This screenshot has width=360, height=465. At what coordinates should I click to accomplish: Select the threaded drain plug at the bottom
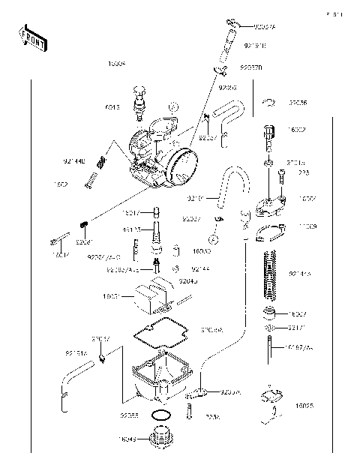pyautogui.click(x=160, y=437)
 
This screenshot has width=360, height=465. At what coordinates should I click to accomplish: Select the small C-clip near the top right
pyautogui.click(x=271, y=101)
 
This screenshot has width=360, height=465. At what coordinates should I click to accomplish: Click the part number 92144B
pyautogui.click(x=74, y=160)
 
